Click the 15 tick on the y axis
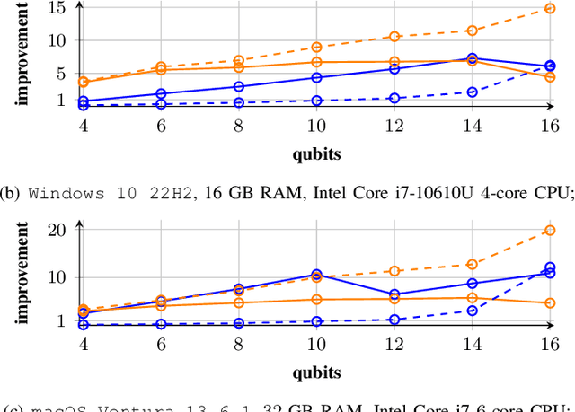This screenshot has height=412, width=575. pyautogui.click(x=57, y=8)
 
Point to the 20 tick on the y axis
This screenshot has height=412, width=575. pyautogui.click(x=57, y=230)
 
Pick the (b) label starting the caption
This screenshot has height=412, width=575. pyautogui.click(x=14, y=191)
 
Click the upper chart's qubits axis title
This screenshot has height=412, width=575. pyautogui.click(x=317, y=153)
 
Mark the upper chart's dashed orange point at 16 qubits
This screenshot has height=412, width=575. pyautogui.click(x=550, y=9)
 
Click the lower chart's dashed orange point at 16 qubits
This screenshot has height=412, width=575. pyautogui.click(x=550, y=231)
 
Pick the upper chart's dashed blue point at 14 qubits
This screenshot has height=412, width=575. pyautogui.click(x=472, y=92)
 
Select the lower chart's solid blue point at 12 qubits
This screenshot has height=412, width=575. pyautogui.click(x=394, y=294)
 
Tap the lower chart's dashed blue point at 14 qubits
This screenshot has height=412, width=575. pyautogui.click(x=472, y=311)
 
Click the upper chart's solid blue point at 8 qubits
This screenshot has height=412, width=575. pyautogui.click(x=239, y=86)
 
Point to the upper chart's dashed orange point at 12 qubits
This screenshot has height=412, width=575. pyautogui.click(x=394, y=37)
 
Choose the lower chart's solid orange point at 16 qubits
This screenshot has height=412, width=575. pyautogui.click(x=550, y=303)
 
